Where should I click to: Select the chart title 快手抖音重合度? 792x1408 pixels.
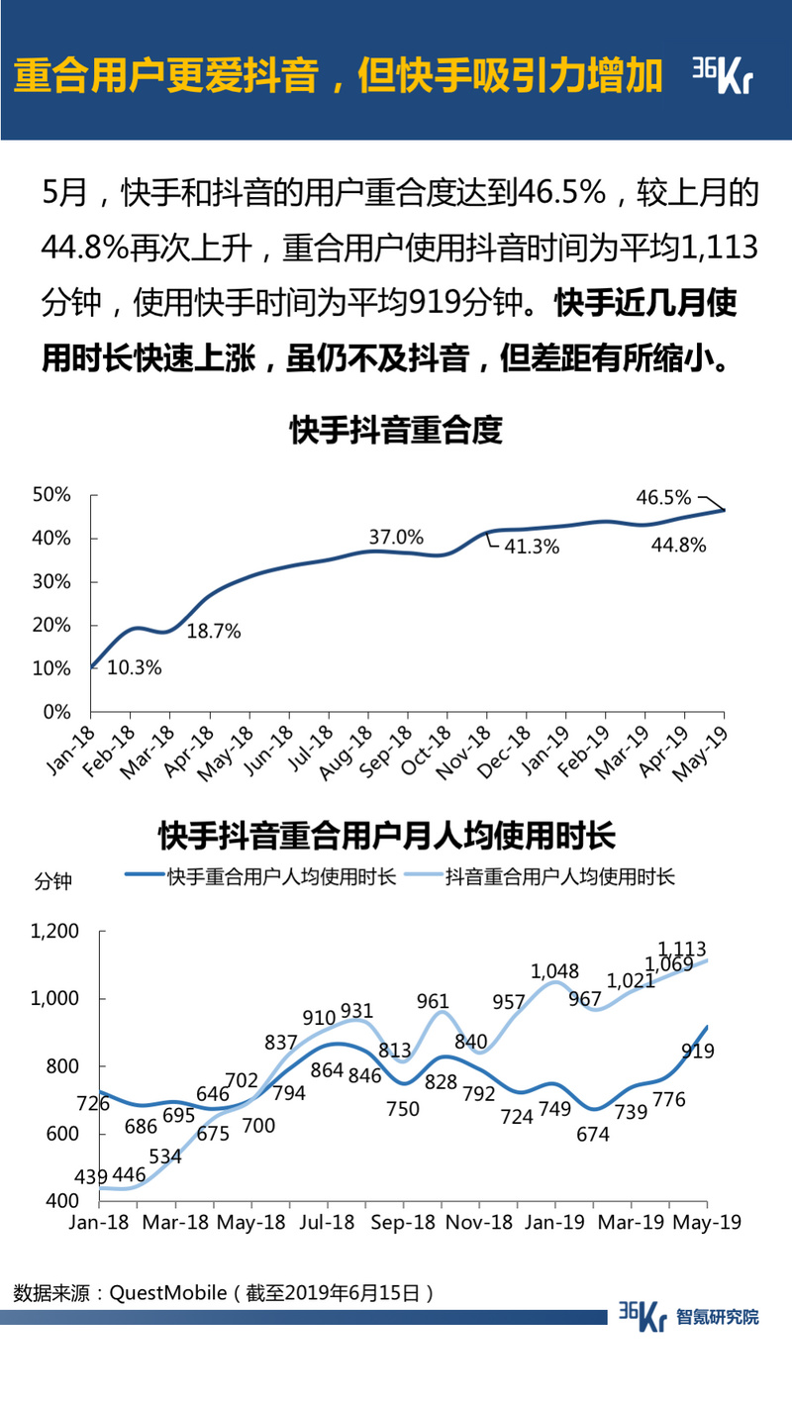pos(396,431)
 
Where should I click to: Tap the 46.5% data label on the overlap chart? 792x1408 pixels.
pos(663,497)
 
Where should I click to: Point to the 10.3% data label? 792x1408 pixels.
pos(134,667)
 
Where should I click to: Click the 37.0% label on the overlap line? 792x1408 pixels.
pos(396,538)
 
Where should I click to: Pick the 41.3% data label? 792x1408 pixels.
pos(533,546)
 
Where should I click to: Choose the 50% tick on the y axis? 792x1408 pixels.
pos(52,494)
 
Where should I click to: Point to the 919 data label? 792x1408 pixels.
pos(698,1052)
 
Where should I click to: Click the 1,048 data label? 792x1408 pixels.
pos(554,971)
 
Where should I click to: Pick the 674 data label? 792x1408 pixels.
pos(593,1135)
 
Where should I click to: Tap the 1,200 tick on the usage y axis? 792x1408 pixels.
pos(54,931)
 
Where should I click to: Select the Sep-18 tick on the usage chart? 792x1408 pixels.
pos(403,1223)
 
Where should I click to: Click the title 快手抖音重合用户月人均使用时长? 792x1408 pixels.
pos(387,836)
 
